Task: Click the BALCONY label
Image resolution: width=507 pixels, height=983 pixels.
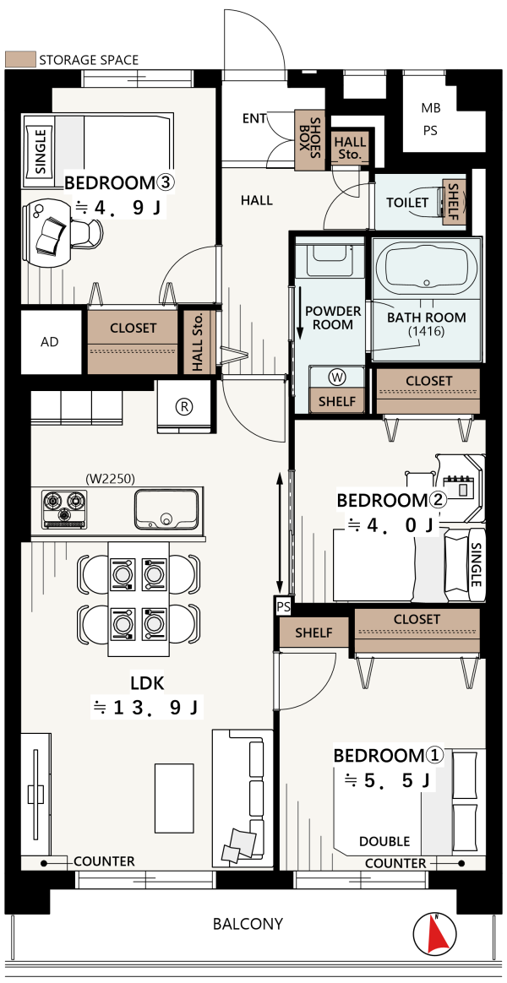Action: click(248, 923)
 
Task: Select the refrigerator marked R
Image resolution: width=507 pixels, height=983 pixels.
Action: click(184, 407)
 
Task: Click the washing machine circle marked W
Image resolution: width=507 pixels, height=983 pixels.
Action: click(337, 377)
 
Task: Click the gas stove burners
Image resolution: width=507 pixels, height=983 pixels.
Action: click(64, 508)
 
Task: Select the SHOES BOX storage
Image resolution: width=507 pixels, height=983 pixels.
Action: click(309, 140)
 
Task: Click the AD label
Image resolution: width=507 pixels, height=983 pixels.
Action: click(50, 342)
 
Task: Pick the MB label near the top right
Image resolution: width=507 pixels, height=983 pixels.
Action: click(430, 108)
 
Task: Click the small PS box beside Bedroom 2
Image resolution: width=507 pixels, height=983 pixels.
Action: click(283, 607)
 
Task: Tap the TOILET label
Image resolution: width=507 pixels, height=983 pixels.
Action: click(407, 203)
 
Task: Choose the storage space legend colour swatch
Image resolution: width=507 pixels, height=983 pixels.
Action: click(19, 60)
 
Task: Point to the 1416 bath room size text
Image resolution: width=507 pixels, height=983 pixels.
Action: click(426, 331)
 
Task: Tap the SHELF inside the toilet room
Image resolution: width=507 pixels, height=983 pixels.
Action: click(451, 203)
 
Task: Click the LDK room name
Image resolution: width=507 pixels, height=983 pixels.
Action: click(147, 682)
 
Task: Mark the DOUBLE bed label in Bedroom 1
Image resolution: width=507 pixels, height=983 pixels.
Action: click(384, 841)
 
